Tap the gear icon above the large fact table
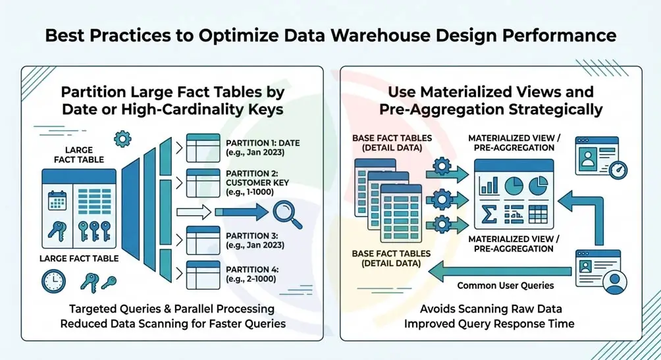coord(122,139)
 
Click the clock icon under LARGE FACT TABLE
coord(53,282)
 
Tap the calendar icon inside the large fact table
coord(58,201)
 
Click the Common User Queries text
coord(506,285)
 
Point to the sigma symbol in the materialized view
coord(489,214)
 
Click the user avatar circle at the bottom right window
coord(616,282)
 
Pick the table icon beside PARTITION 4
coord(203,274)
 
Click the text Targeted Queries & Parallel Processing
coord(172,308)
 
